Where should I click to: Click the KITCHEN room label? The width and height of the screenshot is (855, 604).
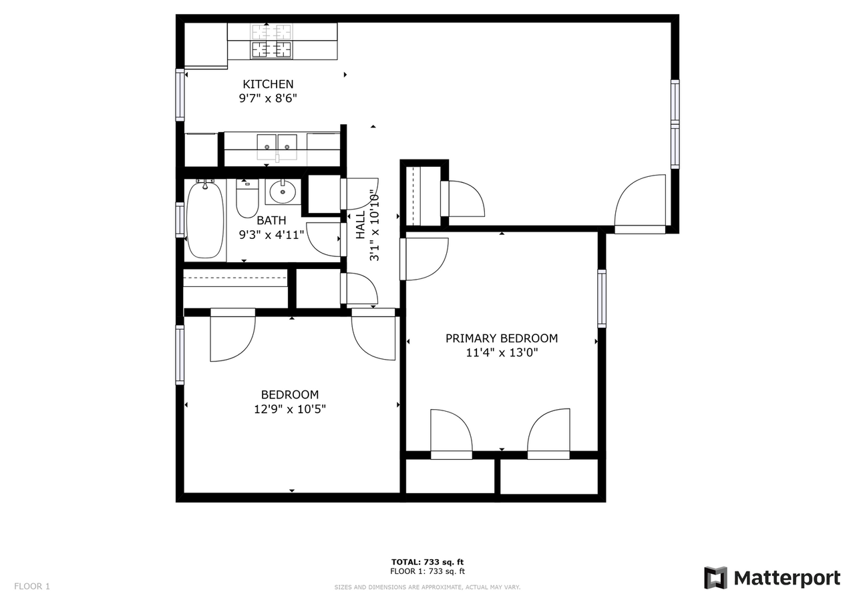[x=268, y=84]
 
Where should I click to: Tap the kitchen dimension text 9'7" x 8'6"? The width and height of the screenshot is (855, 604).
[x=268, y=99]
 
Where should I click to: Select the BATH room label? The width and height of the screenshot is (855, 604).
[x=271, y=220]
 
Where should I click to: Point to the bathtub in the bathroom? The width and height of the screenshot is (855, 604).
[x=205, y=220]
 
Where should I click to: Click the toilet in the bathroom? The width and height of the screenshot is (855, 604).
[x=247, y=198]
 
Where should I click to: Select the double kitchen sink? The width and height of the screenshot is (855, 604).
[x=277, y=143]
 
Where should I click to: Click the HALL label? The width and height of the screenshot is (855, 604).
[x=361, y=226]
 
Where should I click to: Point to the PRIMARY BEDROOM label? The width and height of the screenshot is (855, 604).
[x=502, y=338]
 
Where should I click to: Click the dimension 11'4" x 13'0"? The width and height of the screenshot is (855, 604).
[x=502, y=353]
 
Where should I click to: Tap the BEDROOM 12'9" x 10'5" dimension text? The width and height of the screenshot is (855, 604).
[x=290, y=409]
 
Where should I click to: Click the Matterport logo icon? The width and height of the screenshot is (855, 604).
[x=715, y=577]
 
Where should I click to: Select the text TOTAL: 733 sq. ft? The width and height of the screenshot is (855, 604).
[x=427, y=562]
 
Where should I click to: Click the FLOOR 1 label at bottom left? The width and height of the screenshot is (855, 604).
[x=32, y=587]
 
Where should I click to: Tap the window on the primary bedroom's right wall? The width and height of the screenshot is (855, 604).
[x=602, y=298]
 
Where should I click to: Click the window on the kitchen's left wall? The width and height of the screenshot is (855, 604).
[x=180, y=95]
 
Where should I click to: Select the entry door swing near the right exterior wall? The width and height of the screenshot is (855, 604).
[x=640, y=204]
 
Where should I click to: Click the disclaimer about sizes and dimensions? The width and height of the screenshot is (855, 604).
[x=427, y=587]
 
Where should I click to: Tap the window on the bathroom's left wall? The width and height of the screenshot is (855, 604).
[x=180, y=220]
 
